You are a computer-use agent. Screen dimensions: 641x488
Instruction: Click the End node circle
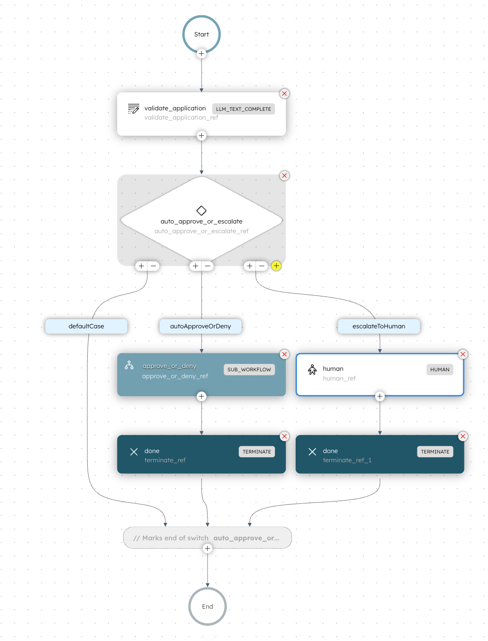tap(208, 606)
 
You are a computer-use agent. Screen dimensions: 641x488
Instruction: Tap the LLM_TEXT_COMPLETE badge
tap(243, 109)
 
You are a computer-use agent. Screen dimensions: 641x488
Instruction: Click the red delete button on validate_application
tap(285, 94)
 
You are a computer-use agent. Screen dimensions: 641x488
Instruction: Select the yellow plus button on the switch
tap(276, 266)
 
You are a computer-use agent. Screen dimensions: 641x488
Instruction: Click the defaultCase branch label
tap(86, 326)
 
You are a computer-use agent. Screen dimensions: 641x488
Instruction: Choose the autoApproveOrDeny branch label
tap(201, 326)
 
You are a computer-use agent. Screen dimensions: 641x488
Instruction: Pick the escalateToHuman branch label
tap(379, 326)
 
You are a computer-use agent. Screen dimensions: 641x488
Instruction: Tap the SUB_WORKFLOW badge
tap(249, 369)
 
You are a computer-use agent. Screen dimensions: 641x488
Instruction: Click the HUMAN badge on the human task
tap(440, 369)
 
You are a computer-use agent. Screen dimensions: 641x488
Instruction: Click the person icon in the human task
tap(312, 369)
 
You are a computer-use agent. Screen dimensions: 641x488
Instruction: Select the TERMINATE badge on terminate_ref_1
tap(435, 452)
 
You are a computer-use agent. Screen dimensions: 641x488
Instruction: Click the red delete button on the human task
tap(463, 354)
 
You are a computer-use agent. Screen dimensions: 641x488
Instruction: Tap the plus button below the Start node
tap(201, 54)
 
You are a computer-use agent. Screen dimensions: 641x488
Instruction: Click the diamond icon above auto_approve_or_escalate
tap(201, 211)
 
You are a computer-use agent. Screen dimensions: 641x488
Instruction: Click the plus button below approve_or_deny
tap(201, 396)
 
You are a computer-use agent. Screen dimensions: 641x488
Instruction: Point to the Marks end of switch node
tap(208, 538)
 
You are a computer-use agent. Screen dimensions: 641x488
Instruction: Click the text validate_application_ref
tap(181, 118)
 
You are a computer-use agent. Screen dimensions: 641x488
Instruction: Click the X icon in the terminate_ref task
tap(134, 452)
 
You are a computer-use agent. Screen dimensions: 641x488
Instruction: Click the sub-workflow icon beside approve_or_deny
tap(129, 365)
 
